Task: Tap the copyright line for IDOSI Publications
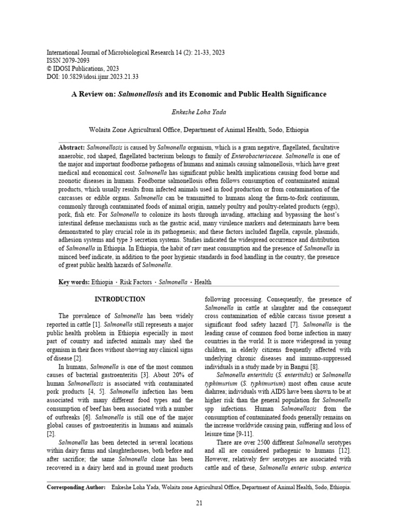point(83,68)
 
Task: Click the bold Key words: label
point(74,282)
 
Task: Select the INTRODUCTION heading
point(119,300)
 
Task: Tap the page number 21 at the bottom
point(199,502)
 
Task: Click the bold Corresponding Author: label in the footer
point(76,487)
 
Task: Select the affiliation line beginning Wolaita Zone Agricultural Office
point(198,130)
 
